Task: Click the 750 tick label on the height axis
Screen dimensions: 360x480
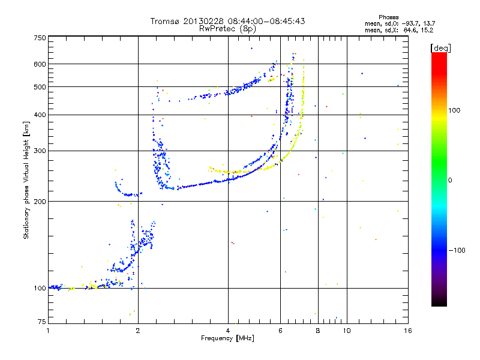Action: point(40,38)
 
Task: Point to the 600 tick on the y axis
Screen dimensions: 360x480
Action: point(40,64)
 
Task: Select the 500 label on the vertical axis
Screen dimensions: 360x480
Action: point(40,86)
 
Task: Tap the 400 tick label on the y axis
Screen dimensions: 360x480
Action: point(40,115)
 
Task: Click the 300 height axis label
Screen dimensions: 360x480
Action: point(40,151)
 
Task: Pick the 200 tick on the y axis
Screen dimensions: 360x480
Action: point(40,201)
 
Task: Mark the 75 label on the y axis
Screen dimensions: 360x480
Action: point(41,322)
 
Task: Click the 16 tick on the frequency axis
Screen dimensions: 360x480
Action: point(407,331)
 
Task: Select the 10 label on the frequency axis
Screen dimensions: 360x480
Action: point(346,331)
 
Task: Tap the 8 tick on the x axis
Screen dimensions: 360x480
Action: point(317,331)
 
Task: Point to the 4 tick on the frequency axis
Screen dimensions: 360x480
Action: point(228,331)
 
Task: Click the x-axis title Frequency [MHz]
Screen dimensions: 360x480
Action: point(228,339)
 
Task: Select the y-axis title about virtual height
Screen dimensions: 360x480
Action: point(26,180)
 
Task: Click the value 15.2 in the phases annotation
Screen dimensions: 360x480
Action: point(427,29)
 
